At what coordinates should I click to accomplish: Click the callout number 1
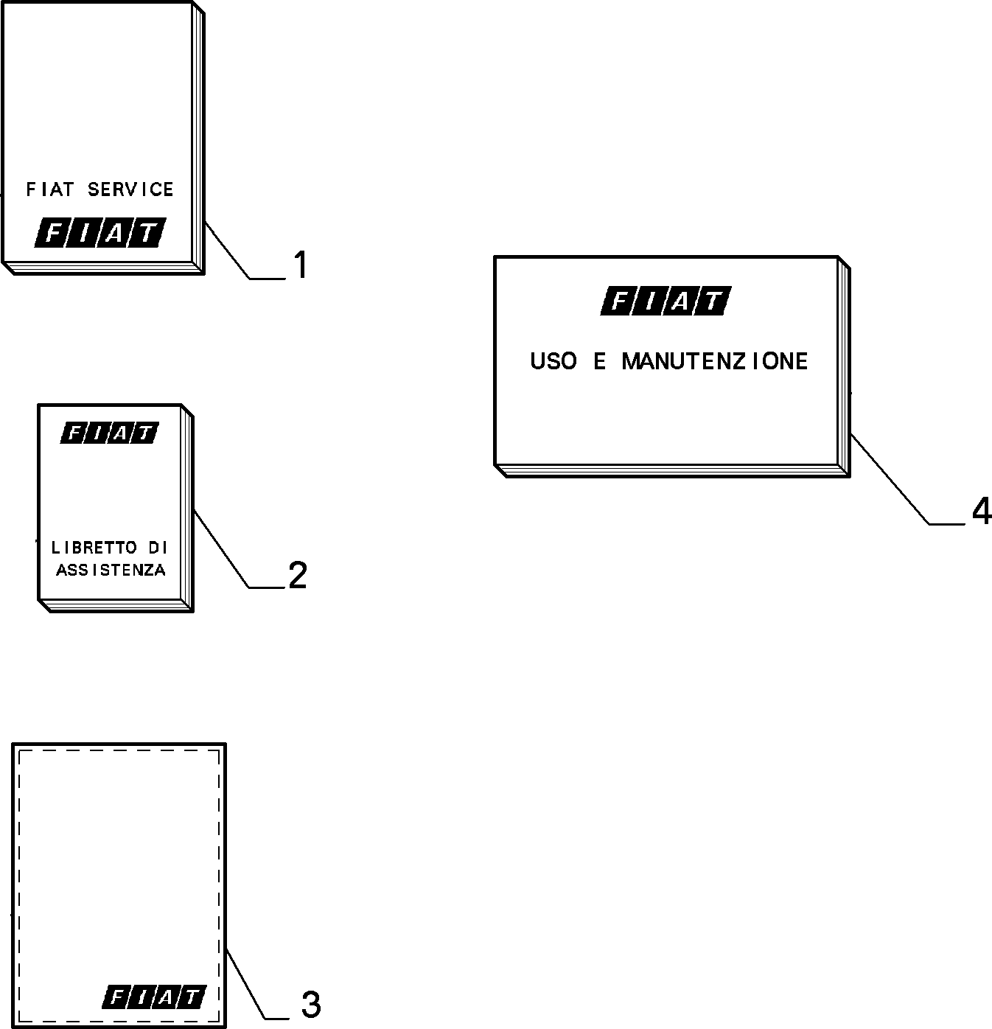301,265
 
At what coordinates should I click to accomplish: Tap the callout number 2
298,575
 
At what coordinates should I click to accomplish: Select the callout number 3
311,1004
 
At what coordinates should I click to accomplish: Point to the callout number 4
982,511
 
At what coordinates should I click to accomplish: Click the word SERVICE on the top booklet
130,189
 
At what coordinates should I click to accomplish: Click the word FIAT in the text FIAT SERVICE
49,189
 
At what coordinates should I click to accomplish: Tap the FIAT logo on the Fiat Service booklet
100,232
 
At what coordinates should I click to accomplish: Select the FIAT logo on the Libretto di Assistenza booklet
110,433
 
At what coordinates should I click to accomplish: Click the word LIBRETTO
94,547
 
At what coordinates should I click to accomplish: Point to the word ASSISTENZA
111,570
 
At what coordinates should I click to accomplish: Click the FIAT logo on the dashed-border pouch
154,997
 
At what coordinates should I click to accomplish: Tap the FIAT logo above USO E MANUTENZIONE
666,301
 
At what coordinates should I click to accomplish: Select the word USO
553,362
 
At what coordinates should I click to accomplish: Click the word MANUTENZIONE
715,362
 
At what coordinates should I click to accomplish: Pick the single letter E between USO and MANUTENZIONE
599,362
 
